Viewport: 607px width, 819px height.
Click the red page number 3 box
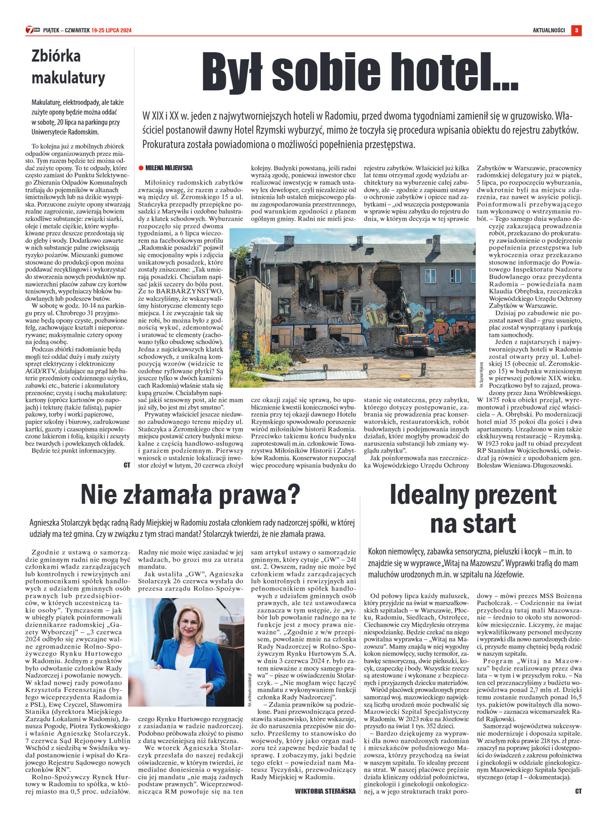tap(576, 30)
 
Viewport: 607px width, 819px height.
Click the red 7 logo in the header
tap(30, 30)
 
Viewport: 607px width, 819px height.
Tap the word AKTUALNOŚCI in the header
tap(549, 30)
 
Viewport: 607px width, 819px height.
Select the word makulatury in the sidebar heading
tap(68, 78)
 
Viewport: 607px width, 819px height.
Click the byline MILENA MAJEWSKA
tap(169, 168)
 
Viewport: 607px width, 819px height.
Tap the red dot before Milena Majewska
tap(141, 168)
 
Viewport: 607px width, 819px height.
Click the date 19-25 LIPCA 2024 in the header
tap(111, 30)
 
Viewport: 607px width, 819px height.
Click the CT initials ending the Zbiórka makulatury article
tap(127, 465)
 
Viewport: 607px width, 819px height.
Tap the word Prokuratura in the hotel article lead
tap(163, 145)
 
